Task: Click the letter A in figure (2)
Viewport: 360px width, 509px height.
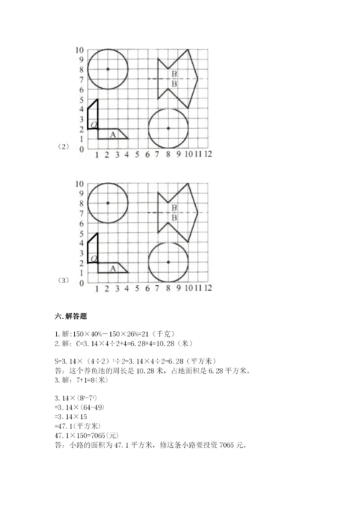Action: (112, 134)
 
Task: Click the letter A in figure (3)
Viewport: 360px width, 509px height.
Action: (112, 268)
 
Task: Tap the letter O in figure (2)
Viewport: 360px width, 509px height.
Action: (94, 125)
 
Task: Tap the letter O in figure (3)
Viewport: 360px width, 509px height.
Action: (94, 259)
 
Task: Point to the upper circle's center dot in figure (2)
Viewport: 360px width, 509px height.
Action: (107, 68)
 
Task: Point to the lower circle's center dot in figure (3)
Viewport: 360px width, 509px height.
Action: (168, 262)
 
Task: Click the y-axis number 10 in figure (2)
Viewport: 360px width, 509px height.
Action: (79, 50)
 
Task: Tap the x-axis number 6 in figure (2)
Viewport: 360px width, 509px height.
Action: (148, 153)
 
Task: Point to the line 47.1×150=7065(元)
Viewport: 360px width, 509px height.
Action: (92, 436)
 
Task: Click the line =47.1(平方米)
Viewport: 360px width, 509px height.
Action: (81, 426)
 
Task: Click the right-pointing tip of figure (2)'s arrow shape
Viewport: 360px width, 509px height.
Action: (198, 78)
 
